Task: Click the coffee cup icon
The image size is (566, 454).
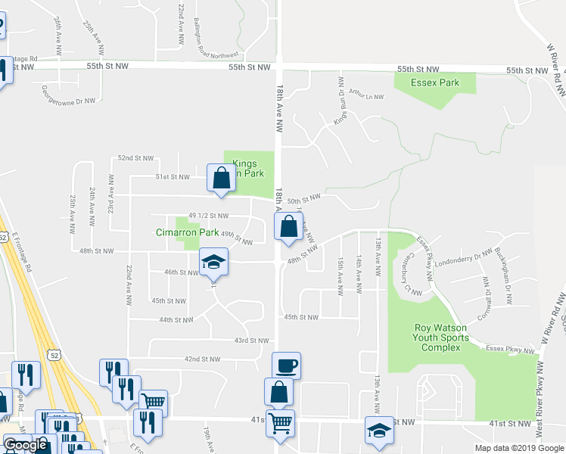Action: coord(287,367)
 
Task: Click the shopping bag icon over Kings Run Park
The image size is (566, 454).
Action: coord(221,179)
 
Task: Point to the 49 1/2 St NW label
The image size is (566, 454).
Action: coord(208,216)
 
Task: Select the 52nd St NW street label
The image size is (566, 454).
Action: coord(135,158)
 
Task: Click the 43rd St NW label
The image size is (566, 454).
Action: coord(251,340)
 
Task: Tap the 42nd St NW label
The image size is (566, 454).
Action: coord(201,359)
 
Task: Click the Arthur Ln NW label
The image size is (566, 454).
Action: coord(367,96)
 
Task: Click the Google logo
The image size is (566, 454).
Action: coord(25,445)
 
